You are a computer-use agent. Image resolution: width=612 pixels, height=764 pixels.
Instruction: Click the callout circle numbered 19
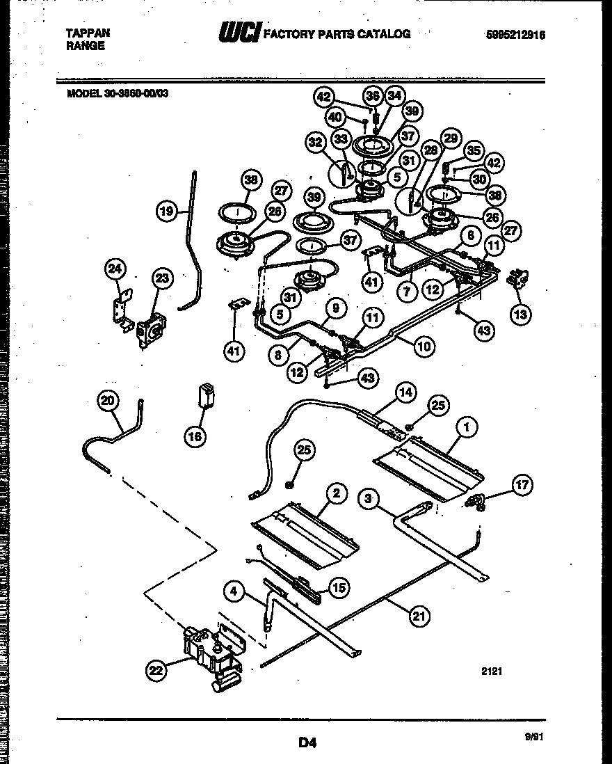click(166, 211)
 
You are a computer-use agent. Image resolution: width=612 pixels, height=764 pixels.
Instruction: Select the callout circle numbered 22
click(157, 670)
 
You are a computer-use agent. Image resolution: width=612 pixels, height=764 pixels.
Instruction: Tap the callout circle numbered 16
click(196, 437)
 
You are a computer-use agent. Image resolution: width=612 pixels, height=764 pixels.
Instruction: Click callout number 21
click(419, 615)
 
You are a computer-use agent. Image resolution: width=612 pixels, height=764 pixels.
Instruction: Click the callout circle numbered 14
click(405, 392)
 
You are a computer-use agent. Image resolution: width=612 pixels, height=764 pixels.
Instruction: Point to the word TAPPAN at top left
click(88, 33)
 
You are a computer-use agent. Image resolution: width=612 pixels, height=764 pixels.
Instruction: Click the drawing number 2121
click(492, 672)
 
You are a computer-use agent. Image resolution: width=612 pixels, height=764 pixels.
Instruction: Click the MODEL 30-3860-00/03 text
click(117, 96)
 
